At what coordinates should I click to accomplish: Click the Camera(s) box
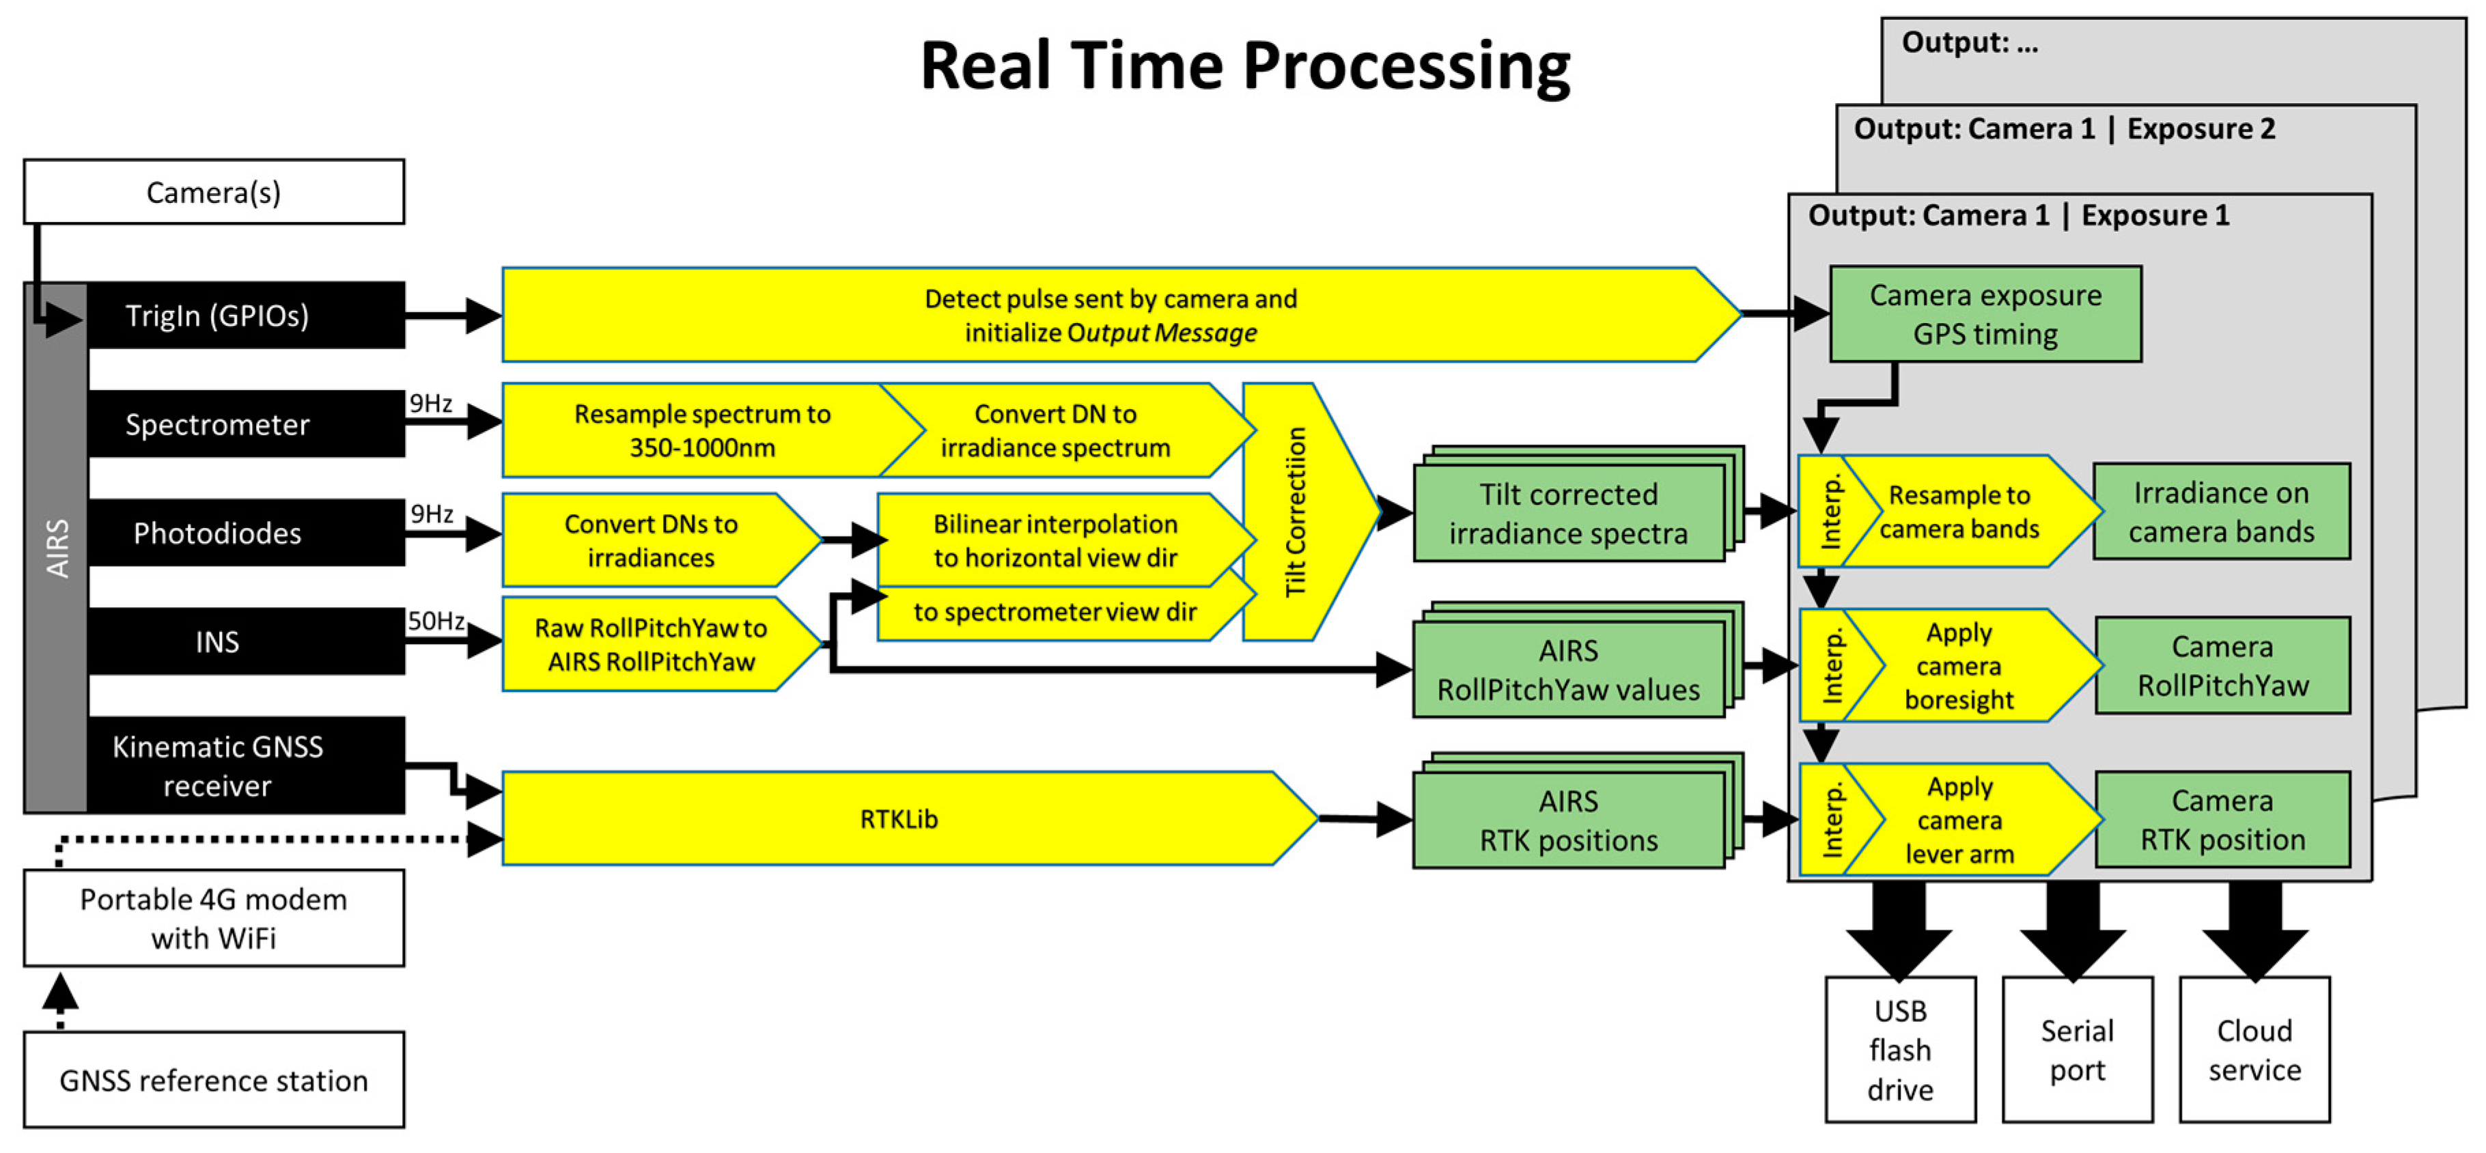(x=213, y=192)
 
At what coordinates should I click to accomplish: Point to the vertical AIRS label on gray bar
(x=57, y=548)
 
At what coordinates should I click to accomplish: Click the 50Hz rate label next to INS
(x=435, y=620)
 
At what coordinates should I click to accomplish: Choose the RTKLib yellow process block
(x=897, y=819)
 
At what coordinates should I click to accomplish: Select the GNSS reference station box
(x=213, y=1080)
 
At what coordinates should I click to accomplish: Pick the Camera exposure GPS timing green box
(x=1985, y=314)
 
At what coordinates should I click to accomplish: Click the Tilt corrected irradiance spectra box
(x=1568, y=513)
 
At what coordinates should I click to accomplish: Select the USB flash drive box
(x=1899, y=1050)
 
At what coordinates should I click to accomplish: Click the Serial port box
(x=2077, y=1050)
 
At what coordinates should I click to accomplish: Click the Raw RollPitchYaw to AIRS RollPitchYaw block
(x=652, y=645)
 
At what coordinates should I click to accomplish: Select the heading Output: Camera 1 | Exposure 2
(x=2064, y=129)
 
